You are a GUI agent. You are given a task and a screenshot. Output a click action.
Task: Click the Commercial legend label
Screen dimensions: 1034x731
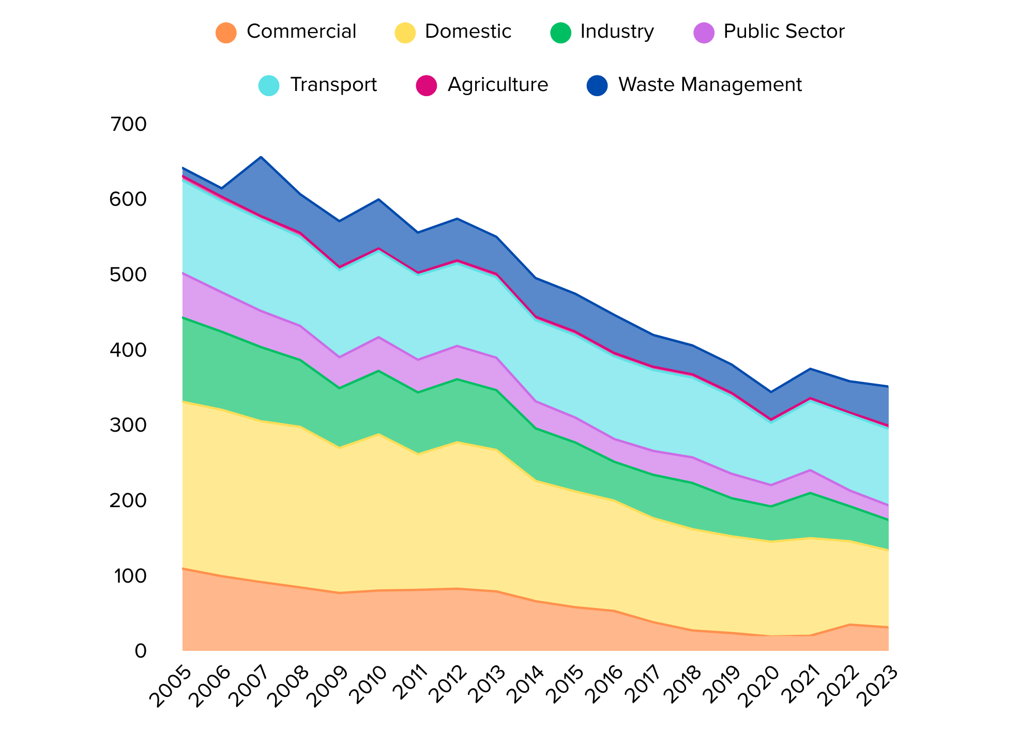(301, 32)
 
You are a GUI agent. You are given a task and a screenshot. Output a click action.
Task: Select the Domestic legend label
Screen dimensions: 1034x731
(468, 32)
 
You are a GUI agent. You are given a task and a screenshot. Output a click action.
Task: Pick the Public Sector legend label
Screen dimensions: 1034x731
(784, 32)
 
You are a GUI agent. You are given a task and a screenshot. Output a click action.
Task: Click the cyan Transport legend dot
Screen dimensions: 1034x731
(269, 85)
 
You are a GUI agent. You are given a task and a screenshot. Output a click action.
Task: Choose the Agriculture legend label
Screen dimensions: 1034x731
(498, 84)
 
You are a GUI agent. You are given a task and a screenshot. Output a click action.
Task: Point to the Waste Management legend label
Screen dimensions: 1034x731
(710, 84)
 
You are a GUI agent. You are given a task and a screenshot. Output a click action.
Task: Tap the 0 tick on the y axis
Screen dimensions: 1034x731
(141, 651)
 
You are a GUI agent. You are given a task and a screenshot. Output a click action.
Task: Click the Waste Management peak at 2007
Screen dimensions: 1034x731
(261, 157)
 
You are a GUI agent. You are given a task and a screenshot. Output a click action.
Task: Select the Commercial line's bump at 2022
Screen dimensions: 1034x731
(849, 625)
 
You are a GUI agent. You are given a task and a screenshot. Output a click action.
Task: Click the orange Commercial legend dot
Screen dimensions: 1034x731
(226, 32)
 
